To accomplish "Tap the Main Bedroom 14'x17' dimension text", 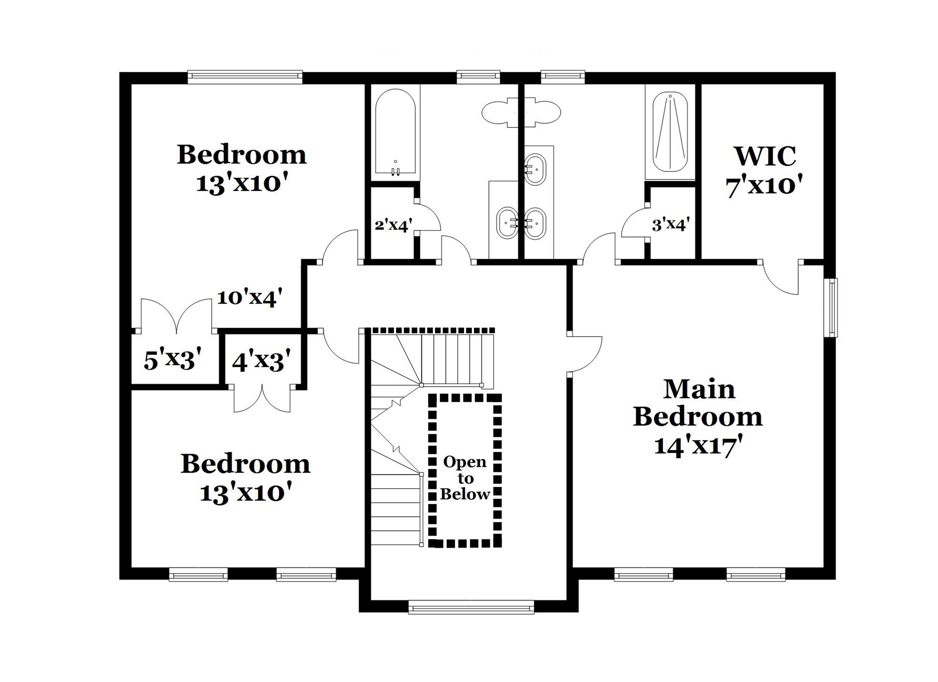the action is pos(698,446).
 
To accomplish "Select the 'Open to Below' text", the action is pos(465,478).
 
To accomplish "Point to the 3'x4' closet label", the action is pos(671,224).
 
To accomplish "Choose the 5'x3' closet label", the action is pos(173,360).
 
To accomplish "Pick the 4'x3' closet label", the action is pos(262,360).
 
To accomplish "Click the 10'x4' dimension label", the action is pos(250,298).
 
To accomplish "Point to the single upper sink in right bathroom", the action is pos(534,169).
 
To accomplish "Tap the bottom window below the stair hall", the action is pos(471,608).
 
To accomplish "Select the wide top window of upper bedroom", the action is pos(245,77).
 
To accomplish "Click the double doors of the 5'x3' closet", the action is pos(176,316).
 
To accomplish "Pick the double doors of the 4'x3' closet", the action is pos(262,399).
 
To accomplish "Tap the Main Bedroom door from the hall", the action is pos(585,354).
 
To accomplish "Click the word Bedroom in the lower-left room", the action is pos(245,464).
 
